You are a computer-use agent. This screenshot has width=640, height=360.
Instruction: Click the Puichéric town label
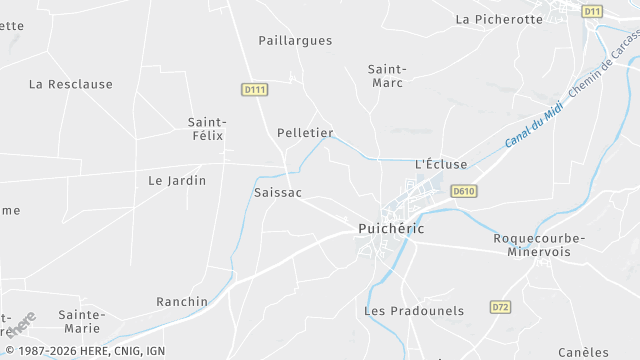[x=391, y=229]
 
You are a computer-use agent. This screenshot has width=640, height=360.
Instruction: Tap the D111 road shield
[x=255, y=90]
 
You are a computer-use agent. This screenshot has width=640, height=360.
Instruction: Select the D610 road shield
[x=462, y=191]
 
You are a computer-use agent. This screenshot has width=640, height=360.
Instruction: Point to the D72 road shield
[x=501, y=307]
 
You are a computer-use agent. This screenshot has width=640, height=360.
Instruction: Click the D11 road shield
[x=592, y=12]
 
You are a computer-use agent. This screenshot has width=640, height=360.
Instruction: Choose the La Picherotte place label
[x=499, y=19]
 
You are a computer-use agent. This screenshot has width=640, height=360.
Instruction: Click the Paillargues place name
[x=295, y=41]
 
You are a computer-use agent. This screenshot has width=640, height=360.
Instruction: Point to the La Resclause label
[x=71, y=84]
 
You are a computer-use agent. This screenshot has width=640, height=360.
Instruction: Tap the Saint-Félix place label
[x=207, y=130]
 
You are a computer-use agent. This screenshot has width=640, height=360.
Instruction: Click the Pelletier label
[x=305, y=132]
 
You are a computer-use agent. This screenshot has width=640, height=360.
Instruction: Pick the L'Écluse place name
[x=441, y=164]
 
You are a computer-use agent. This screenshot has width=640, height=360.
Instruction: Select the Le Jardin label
[x=177, y=181]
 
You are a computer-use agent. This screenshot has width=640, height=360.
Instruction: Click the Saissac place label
[x=278, y=191]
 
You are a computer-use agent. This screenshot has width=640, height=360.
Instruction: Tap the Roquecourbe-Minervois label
[x=539, y=246]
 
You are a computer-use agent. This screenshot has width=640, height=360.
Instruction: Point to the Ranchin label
[x=182, y=301]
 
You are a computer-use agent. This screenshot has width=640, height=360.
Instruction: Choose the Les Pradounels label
[x=414, y=311]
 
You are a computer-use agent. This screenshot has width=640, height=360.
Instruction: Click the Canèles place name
[x=584, y=351]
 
